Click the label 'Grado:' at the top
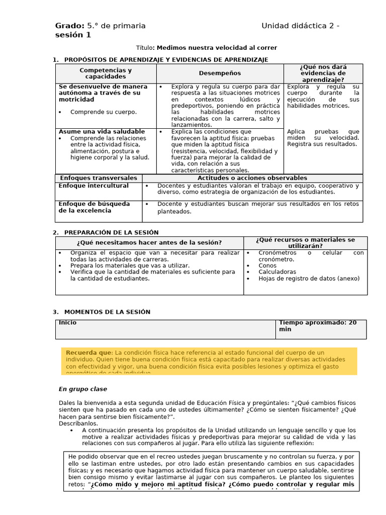pyautogui.click(x=69, y=26)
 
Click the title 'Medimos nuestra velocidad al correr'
pyautogui.click(x=217, y=48)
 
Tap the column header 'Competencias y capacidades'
pyautogui.click(x=106, y=73)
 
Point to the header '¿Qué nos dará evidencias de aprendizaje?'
pyautogui.click(x=323, y=73)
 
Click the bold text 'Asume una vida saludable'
pyautogui.click(x=102, y=131)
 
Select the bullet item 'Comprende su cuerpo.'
pyautogui.click(x=103, y=112)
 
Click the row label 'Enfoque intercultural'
pyautogui.click(x=93, y=186)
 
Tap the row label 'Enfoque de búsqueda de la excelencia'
pyautogui.click(x=94, y=207)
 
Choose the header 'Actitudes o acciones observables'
pyautogui.click(x=252, y=178)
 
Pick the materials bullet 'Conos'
pyautogui.click(x=267, y=265)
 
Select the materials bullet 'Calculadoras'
pyautogui.click(x=277, y=272)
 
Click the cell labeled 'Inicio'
pyautogui.click(x=68, y=323)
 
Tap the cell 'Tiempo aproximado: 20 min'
pyautogui.click(x=318, y=326)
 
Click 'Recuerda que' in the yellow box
pyautogui.click(x=87, y=353)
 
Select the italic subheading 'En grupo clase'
pyautogui.click(x=83, y=389)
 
